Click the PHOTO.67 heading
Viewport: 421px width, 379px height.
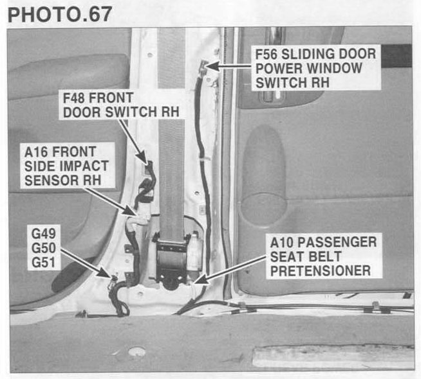60,14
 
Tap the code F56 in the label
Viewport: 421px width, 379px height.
266,54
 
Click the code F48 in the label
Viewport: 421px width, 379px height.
74,98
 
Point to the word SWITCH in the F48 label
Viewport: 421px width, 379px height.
131,112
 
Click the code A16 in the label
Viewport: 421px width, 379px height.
36,152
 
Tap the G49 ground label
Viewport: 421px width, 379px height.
44,234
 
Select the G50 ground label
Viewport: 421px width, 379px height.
44,248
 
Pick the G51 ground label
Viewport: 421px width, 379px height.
44,262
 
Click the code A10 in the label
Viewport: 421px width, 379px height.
282,242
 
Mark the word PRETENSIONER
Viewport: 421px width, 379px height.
321,271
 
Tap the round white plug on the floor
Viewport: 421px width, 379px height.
137,351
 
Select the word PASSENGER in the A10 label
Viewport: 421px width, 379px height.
337,242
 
